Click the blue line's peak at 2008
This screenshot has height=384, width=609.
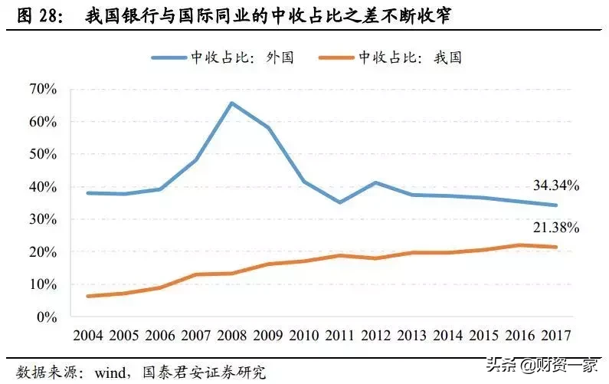coord(231,103)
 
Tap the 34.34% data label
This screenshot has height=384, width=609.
coord(556,185)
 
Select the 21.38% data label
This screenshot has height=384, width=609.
coord(556,228)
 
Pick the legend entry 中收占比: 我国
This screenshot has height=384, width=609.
coord(409,57)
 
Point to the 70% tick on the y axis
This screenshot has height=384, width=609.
coord(42,90)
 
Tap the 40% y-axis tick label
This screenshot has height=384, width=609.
coord(42,187)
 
